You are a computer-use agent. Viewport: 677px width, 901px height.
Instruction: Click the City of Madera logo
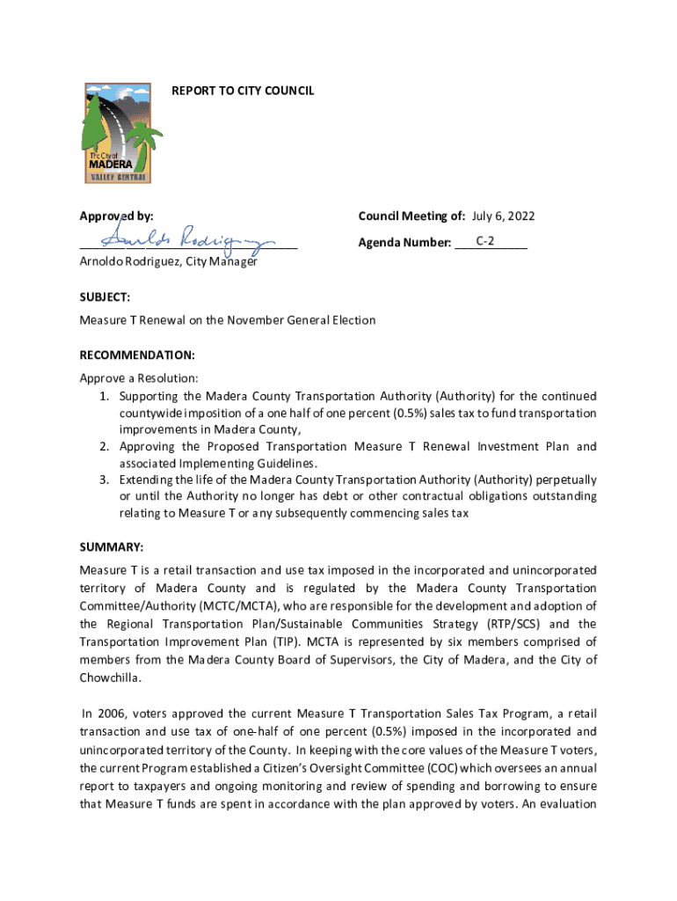tap(118, 133)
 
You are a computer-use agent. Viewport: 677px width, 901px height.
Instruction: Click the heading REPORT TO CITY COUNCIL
tap(242, 91)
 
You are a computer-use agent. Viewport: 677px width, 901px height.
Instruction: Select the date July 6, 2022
tap(503, 216)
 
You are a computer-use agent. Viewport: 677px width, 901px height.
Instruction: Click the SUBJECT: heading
tap(105, 298)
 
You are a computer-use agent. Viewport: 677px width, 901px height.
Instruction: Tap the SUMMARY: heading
tap(111, 546)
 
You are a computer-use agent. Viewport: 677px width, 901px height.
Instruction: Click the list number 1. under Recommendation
tap(104, 396)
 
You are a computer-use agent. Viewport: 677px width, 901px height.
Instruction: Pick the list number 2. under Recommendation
tap(104, 447)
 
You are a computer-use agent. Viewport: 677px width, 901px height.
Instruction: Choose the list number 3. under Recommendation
tap(104, 480)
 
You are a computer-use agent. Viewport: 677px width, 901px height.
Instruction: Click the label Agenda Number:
tap(404, 242)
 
